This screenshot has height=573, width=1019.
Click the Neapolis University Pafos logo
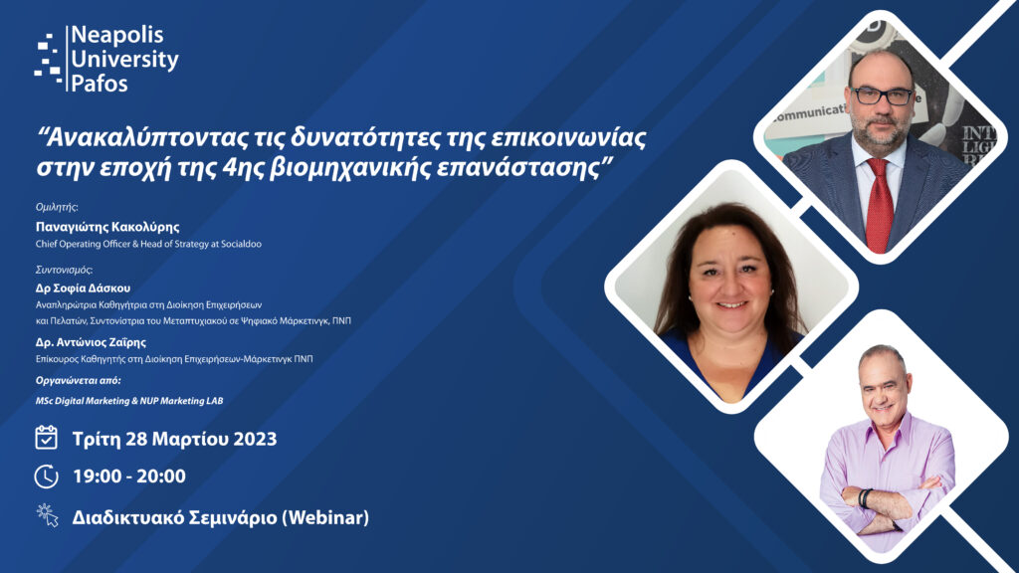click(106, 59)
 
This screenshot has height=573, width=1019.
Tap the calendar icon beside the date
click(46, 438)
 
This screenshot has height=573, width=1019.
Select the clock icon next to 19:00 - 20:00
click(46, 477)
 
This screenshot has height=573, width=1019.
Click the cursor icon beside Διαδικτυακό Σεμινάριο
click(48, 515)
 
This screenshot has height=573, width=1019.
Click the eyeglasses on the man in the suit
click(883, 96)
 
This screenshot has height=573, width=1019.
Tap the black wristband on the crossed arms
click(865, 498)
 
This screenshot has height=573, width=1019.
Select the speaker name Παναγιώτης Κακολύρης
click(107, 227)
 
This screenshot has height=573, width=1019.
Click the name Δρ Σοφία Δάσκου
click(84, 287)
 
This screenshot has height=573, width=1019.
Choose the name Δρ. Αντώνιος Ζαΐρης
click(91, 342)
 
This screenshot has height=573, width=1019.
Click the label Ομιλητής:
click(57, 207)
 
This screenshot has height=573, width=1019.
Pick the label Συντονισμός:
click(65, 270)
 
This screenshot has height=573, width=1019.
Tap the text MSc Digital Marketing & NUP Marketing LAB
click(129, 401)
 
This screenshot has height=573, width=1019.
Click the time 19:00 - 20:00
click(129, 477)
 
